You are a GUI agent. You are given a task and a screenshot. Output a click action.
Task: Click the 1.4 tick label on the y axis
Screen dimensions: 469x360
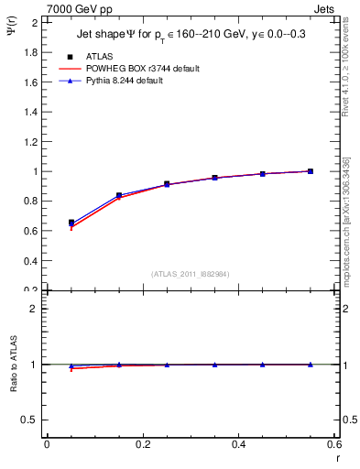click(30, 112)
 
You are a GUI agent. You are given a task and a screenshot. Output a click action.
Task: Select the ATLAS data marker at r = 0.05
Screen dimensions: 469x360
click(71, 223)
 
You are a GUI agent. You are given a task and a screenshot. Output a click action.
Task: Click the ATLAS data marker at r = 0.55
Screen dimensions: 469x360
click(311, 171)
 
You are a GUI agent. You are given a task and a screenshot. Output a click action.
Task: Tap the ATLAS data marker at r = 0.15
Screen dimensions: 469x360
click(119, 195)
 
